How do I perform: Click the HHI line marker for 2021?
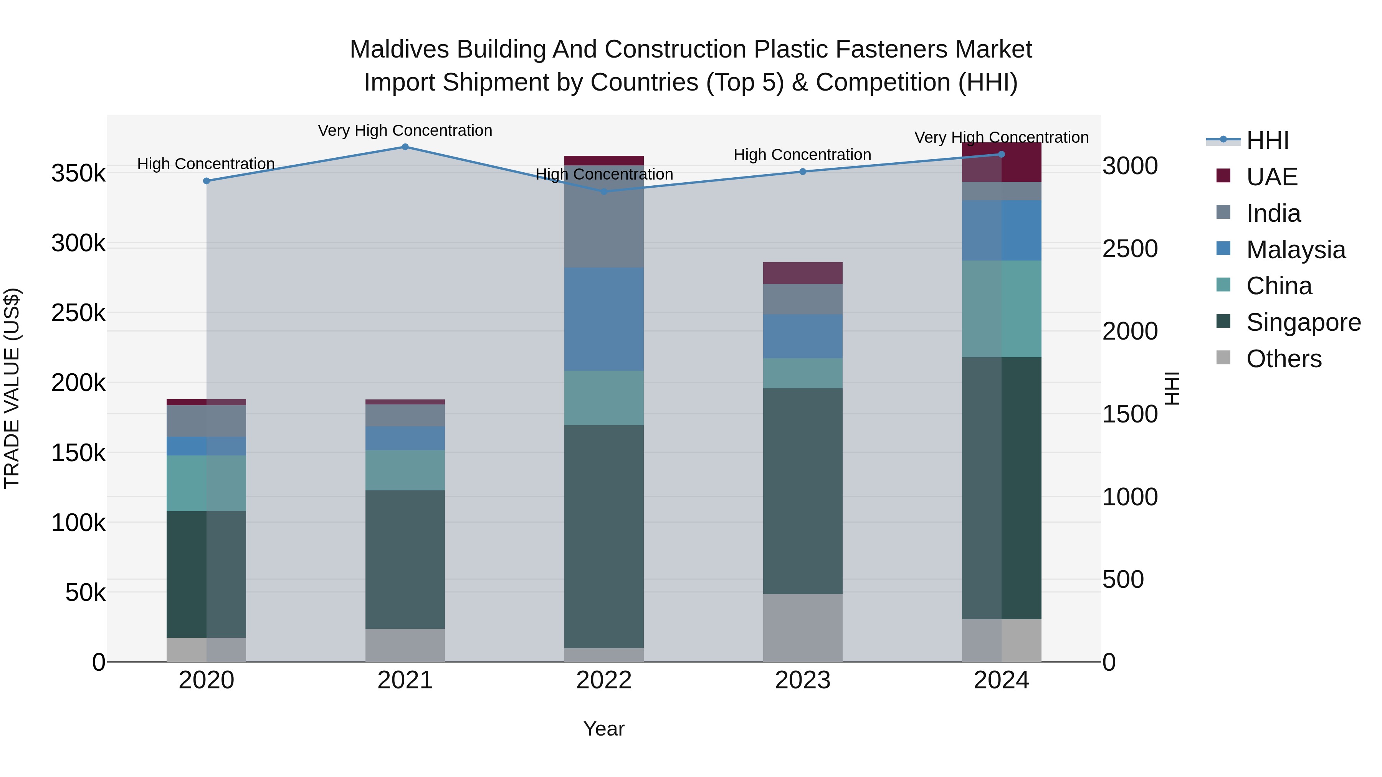(x=405, y=147)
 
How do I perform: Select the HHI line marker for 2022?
(x=604, y=191)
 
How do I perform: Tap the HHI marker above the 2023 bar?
(x=803, y=172)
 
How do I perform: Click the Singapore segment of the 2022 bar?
(x=604, y=536)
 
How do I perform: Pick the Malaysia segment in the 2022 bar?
(x=604, y=319)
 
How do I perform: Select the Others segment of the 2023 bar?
(x=803, y=627)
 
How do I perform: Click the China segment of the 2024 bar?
(x=1002, y=309)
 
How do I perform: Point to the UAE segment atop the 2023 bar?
(x=803, y=273)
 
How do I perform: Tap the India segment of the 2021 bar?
(x=405, y=416)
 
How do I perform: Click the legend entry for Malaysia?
(x=1296, y=250)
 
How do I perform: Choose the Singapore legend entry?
(x=1303, y=322)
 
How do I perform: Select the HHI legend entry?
(x=1267, y=140)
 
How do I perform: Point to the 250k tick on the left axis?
(x=78, y=313)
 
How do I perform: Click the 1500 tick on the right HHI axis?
(x=1130, y=414)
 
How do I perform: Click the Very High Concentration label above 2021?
(x=405, y=130)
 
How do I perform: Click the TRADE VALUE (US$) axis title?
(x=12, y=388)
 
